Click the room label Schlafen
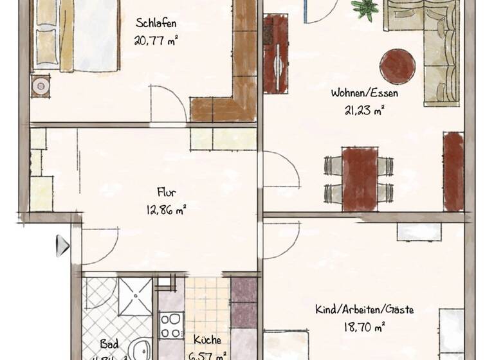[156, 24]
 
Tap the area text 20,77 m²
[156, 40]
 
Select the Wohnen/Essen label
[364, 93]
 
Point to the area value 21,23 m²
[364, 109]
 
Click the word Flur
[166, 192]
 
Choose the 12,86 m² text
[166, 208]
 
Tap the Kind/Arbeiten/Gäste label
[364, 310]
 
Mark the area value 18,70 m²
[364, 326]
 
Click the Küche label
[207, 339]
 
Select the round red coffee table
[398, 66]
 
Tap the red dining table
[360, 178]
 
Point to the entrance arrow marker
[62, 245]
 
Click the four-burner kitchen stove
[172, 324]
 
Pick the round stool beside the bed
[41, 85]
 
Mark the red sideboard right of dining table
[453, 171]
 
